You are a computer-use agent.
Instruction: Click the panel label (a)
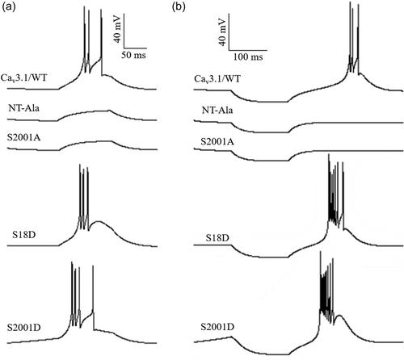coord(8,7)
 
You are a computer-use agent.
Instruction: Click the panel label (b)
coord(179,7)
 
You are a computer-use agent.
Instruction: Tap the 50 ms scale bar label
coord(133,55)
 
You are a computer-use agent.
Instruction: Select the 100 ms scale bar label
coord(248,57)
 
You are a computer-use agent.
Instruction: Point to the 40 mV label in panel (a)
coord(117,29)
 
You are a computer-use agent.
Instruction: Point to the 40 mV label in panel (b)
coord(222,31)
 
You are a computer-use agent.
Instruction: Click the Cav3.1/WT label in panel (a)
coord(24,78)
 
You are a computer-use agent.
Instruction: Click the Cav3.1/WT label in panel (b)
coord(217,79)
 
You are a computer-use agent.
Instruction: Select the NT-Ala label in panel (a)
coord(23,108)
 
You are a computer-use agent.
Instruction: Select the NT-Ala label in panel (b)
coord(217,111)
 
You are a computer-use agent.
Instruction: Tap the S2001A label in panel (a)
coord(23,137)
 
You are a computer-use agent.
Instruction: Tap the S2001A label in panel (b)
coord(217,141)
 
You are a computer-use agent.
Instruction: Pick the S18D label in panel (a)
coord(24,235)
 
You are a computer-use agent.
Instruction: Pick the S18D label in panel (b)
coord(217,238)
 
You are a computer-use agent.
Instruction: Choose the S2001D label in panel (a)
coord(24,328)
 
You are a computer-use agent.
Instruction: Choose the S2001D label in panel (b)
coord(217,327)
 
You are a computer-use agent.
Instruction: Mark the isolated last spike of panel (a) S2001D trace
coord(93,297)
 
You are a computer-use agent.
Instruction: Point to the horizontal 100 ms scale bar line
coord(248,50)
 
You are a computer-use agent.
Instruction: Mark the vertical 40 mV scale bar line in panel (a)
coord(124,31)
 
